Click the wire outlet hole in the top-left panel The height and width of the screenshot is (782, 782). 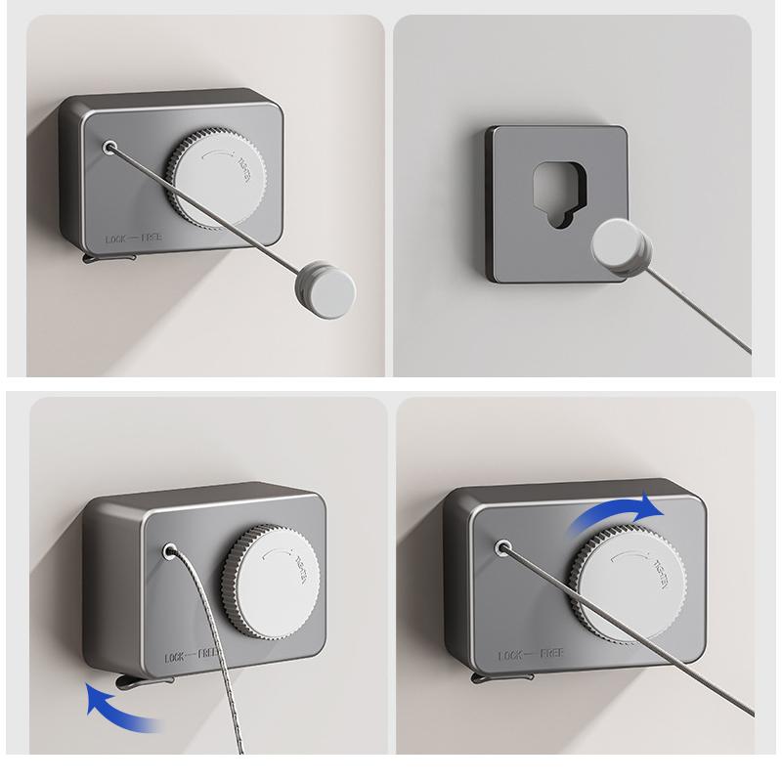109,149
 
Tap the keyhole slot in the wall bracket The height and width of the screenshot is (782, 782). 555,195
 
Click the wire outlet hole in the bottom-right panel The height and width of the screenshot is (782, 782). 504,548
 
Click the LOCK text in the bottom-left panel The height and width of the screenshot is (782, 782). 183,657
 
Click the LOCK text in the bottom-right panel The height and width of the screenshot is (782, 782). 514,655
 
